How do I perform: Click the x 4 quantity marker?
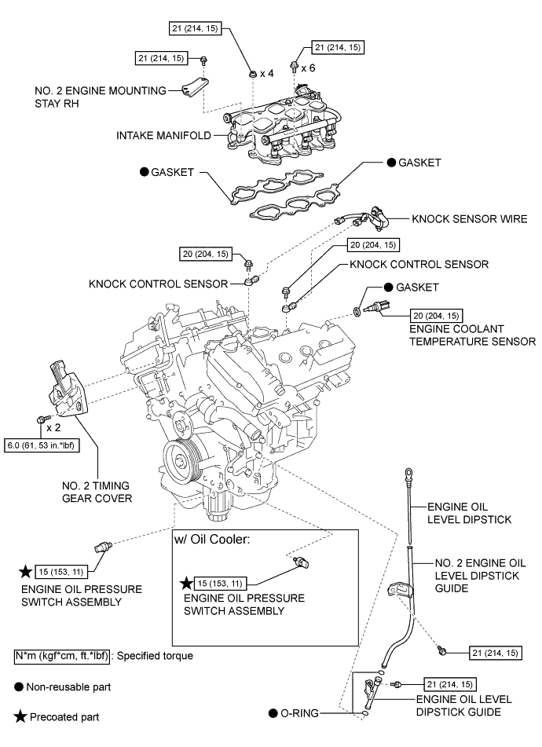269,73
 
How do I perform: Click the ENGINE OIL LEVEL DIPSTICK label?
469,514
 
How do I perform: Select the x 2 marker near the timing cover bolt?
54,428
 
